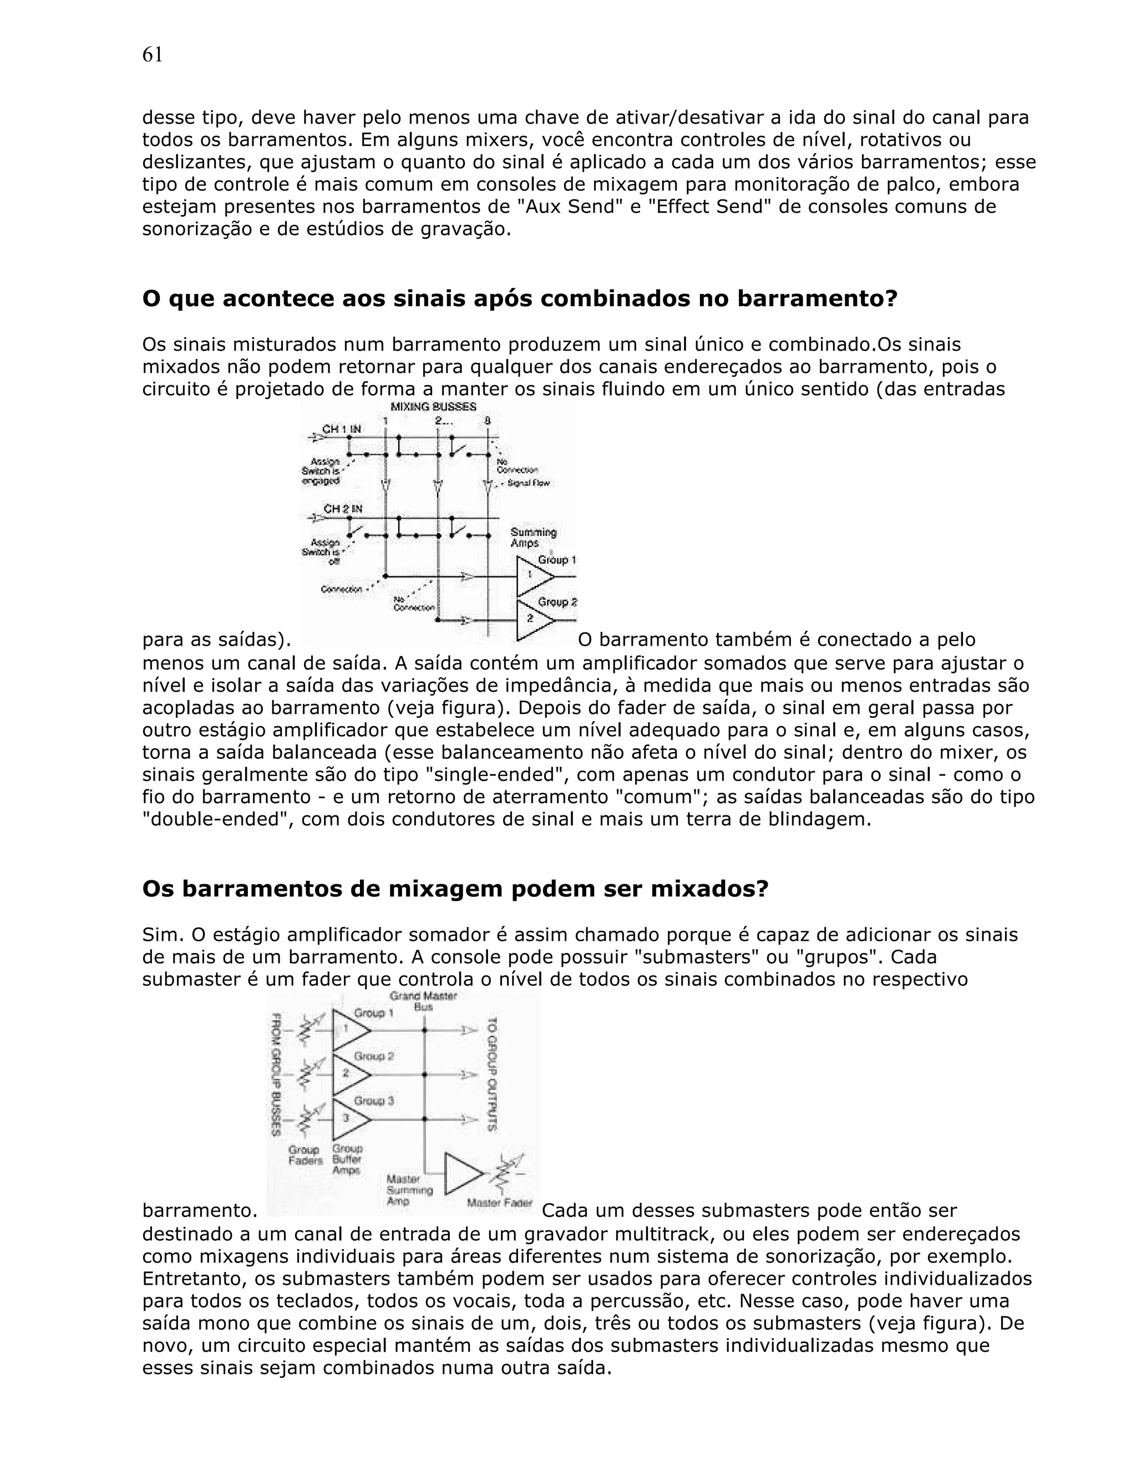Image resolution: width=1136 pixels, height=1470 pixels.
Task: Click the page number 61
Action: (x=152, y=55)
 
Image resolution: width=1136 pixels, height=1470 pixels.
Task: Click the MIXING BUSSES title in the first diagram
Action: (x=433, y=407)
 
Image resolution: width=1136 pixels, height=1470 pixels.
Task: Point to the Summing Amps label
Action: (x=533, y=537)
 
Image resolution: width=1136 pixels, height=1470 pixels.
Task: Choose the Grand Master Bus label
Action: (x=423, y=1001)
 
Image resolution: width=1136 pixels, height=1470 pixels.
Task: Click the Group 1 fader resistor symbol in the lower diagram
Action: (x=303, y=1030)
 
